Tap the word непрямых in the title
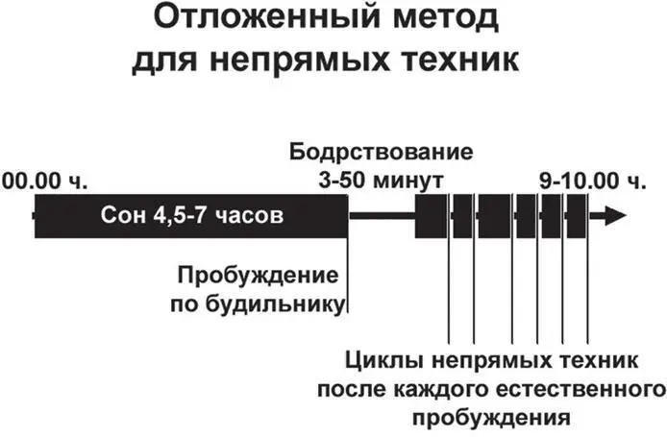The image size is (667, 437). click(x=315, y=61)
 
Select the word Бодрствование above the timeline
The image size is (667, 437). click(x=382, y=154)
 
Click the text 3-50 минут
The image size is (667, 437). click(x=382, y=180)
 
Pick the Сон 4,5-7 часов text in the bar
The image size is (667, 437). click(x=192, y=216)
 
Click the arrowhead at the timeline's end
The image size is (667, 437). click(x=609, y=216)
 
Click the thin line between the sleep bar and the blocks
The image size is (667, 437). click(x=381, y=216)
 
